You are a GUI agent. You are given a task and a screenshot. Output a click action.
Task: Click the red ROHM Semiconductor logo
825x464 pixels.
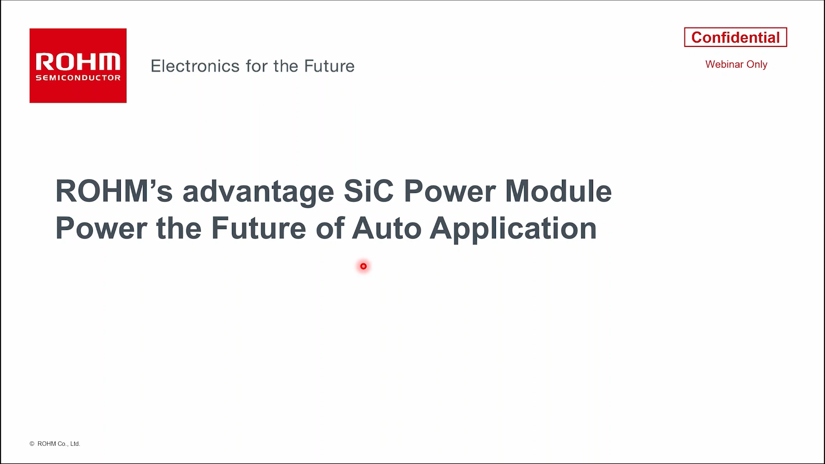(78, 66)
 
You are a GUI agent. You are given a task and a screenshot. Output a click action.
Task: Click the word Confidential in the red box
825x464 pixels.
(735, 37)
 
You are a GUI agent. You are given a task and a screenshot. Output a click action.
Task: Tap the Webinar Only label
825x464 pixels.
(736, 64)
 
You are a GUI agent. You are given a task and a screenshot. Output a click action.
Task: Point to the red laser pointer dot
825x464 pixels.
(364, 266)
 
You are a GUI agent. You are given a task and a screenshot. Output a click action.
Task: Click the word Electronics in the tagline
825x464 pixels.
(195, 66)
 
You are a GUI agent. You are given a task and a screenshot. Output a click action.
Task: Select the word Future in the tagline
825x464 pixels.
(329, 66)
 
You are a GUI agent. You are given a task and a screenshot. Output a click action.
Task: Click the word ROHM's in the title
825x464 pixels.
(114, 191)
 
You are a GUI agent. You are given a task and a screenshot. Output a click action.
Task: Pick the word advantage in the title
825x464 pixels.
(258, 192)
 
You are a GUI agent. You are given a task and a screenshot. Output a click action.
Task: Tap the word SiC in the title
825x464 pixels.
(369, 191)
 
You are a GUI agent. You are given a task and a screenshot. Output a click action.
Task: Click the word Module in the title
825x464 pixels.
(558, 191)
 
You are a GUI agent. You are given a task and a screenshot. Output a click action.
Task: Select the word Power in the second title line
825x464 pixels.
(101, 228)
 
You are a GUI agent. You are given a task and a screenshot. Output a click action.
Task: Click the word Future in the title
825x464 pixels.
(259, 228)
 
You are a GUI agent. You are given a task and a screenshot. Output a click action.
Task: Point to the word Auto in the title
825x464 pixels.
(387, 228)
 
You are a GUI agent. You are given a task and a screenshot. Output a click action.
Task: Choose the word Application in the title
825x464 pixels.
(513, 229)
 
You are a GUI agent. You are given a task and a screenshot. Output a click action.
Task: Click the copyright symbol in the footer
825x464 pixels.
(32, 444)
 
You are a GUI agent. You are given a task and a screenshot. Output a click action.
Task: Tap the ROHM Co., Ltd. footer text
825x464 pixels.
(59, 444)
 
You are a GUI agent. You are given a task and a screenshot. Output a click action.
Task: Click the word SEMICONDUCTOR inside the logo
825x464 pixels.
(78, 78)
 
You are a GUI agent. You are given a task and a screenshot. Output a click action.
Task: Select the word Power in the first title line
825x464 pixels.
(450, 191)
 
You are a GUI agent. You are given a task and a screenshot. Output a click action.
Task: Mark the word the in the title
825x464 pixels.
(179, 228)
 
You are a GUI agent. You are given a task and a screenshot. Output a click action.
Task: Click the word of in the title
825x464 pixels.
(330, 228)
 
